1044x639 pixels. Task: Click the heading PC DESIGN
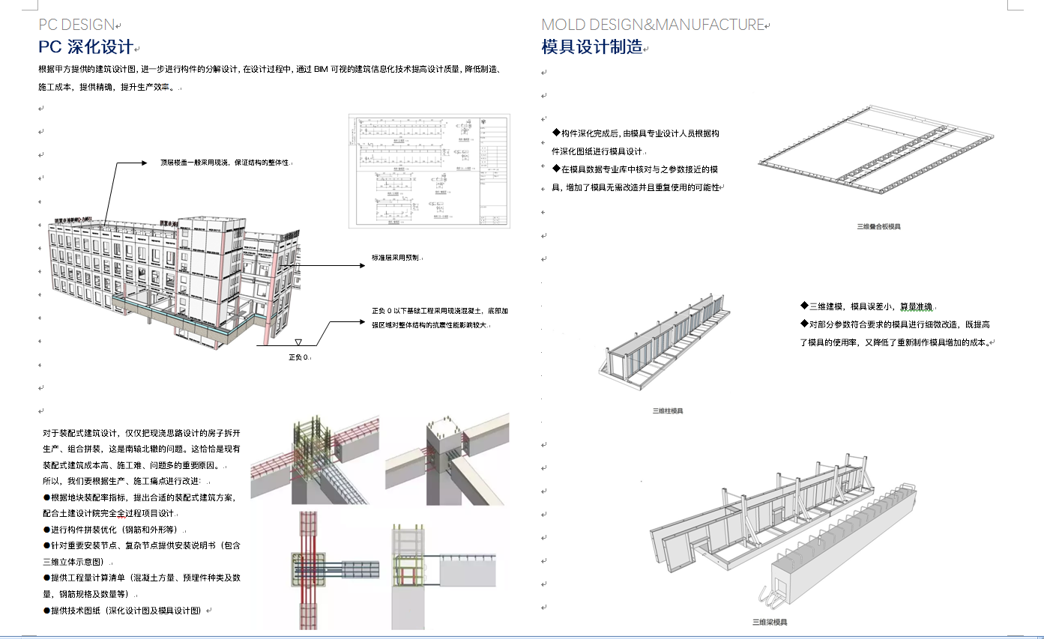tap(76, 25)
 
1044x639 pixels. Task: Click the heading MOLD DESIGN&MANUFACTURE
tap(653, 25)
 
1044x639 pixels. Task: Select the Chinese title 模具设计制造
tap(592, 47)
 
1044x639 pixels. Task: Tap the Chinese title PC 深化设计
tap(85, 47)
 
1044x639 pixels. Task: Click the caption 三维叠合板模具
tap(878, 225)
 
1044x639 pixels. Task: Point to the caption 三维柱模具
tap(667, 411)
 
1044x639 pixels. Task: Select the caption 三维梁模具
tap(769, 622)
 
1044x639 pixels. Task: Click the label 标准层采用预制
tap(395, 258)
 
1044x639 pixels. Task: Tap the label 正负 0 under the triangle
tap(298, 357)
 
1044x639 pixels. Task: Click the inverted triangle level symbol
tap(298, 341)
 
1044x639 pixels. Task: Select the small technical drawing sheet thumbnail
tap(429, 171)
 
